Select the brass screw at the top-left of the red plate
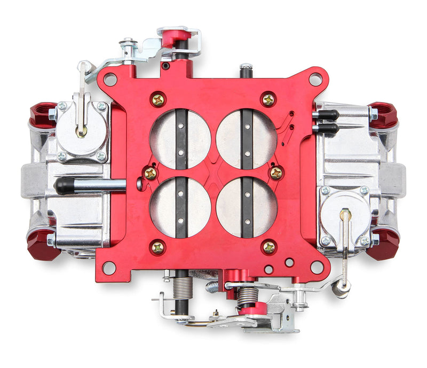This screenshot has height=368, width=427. click(x=158, y=100)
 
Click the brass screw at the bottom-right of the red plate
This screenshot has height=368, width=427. click(x=269, y=247)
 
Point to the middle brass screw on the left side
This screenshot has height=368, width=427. click(x=151, y=173)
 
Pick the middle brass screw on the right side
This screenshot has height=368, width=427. click(x=276, y=173)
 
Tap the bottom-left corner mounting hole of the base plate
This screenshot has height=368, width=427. click(x=109, y=267)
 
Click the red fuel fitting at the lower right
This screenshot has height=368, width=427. click(x=383, y=245)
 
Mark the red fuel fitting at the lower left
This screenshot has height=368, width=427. click(x=43, y=247)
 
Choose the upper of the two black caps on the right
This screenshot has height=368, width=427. click(x=327, y=114)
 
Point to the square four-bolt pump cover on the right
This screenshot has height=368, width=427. click(x=344, y=216)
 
